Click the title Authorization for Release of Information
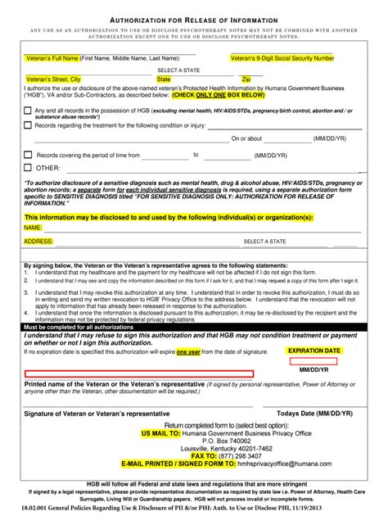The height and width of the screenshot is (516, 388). tap(193, 18)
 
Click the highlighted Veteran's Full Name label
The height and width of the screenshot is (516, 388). tap(52, 59)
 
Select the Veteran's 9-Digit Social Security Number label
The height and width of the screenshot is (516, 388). tap(282, 59)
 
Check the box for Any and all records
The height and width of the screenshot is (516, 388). tap(28, 111)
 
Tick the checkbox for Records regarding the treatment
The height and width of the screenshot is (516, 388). tap(28, 125)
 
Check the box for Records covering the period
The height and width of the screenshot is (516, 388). tap(28, 154)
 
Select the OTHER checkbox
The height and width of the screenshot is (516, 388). tap(28, 168)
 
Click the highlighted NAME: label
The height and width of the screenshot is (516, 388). tap(33, 227)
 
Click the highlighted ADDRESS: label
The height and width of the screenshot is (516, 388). tap(38, 242)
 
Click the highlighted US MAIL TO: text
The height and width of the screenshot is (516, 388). tap(160, 432)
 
